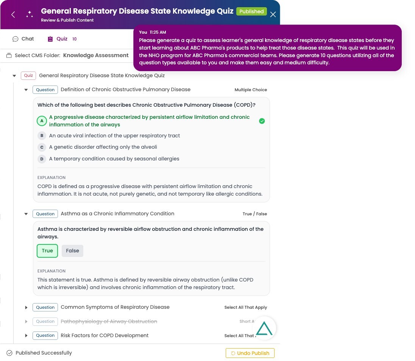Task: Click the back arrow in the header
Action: [x=13, y=15]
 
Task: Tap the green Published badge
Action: [x=251, y=11]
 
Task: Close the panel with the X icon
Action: [x=273, y=14]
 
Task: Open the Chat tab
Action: [x=23, y=39]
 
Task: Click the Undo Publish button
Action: [x=250, y=353]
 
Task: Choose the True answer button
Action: [x=47, y=251]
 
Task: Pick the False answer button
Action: [x=72, y=251]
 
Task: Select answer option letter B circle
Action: [x=42, y=135]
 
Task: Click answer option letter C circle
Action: [x=42, y=147]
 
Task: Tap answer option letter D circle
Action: [x=42, y=159]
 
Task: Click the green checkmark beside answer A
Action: [x=262, y=121]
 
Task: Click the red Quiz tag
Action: [x=28, y=76]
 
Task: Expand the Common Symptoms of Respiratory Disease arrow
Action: [x=26, y=307]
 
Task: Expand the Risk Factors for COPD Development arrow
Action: [x=26, y=336]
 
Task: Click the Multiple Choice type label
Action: [x=251, y=90]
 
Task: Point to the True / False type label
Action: [x=254, y=214]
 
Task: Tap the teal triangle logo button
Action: [x=264, y=328]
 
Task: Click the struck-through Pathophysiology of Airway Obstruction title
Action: [x=109, y=321]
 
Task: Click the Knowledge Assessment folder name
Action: [x=96, y=55]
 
